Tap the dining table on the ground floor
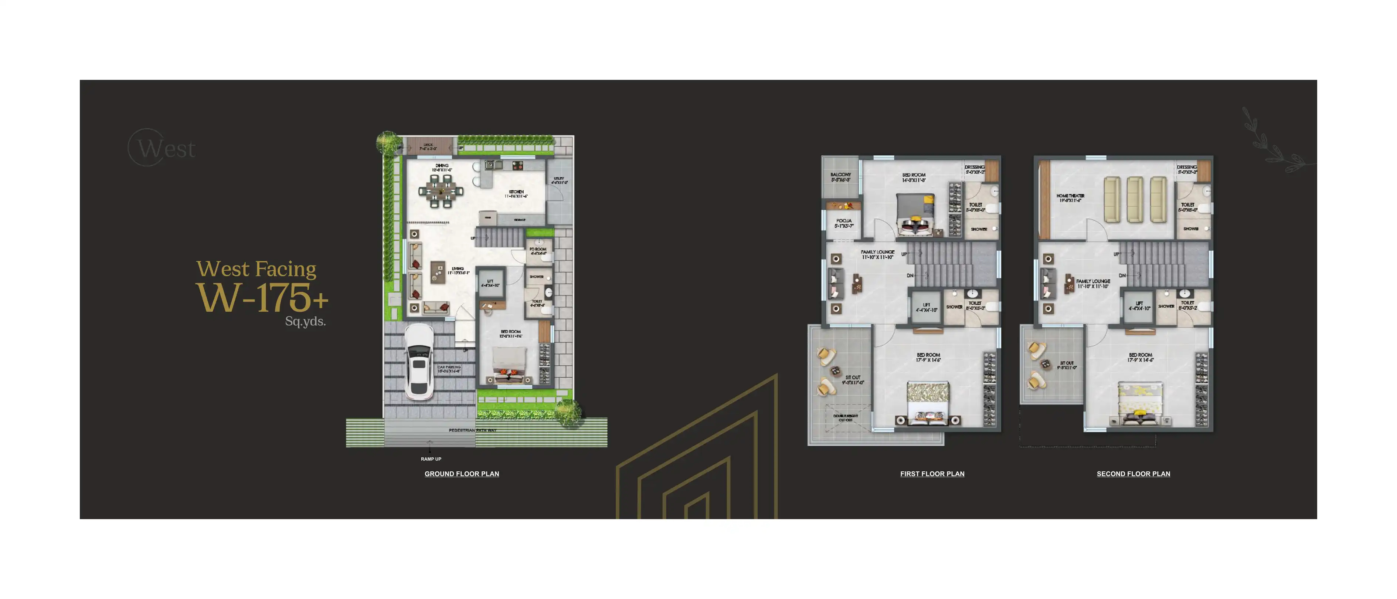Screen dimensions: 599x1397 coord(441,190)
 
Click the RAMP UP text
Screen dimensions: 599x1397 coord(431,459)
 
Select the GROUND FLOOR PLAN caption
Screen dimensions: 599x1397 coord(462,474)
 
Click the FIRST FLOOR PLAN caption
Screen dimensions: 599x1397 coord(932,474)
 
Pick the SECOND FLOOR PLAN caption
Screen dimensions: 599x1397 coord(1133,474)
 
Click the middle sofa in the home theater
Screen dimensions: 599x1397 coord(1135,199)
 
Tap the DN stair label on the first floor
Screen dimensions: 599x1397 coord(910,275)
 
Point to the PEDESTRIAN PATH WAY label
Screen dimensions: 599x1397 coord(472,430)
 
